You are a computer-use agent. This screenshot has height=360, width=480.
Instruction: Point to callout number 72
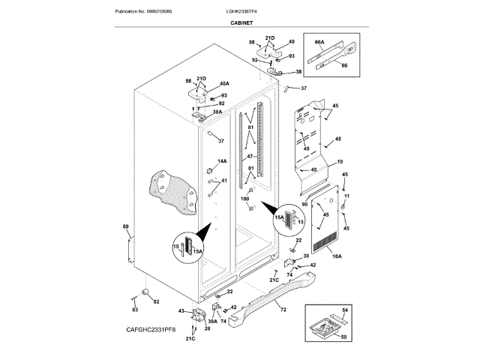(283, 309)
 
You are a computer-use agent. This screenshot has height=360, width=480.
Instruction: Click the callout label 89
(125, 226)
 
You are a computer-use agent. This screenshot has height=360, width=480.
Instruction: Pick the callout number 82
(156, 301)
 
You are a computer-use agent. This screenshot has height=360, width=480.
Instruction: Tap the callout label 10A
(336, 256)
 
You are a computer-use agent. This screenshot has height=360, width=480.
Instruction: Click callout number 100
(244, 198)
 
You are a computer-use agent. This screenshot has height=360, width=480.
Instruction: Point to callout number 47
(250, 157)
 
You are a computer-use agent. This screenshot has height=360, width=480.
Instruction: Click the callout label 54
(345, 310)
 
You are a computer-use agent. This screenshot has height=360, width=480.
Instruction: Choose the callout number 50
(344, 337)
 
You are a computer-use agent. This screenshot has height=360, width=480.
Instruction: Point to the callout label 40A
(223, 83)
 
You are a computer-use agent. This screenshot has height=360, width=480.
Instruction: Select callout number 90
(304, 204)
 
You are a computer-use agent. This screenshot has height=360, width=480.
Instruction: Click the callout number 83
(135, 308)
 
